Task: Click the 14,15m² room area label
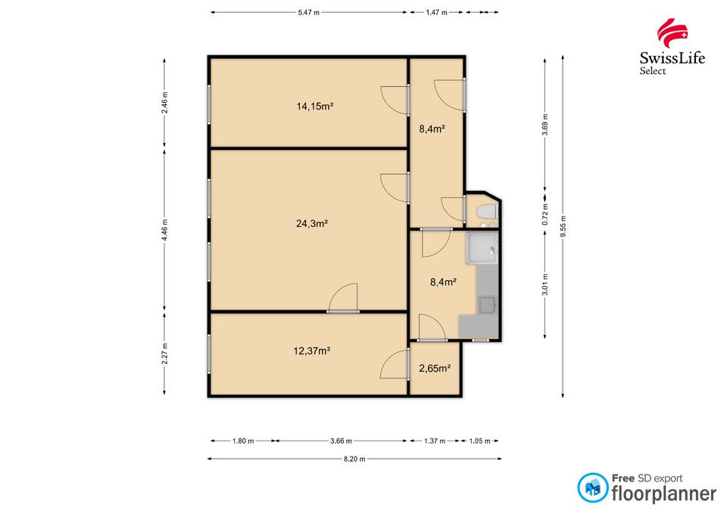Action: (315, 106)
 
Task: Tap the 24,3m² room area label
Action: (312, 223)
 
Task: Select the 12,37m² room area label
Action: (311, 350)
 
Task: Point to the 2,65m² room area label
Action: (435, 369)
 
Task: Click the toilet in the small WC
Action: (487, 212)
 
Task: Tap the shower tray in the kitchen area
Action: (482, 248)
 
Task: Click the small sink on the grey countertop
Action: (488, 305)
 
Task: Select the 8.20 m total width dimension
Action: (354, 459)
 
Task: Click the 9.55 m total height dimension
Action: (563, 226)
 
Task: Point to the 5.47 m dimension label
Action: (309, 13)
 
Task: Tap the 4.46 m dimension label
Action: (164, 230)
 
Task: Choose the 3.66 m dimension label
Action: (341, 441)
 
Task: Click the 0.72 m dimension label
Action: (545, 214)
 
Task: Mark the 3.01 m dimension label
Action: (545, 284)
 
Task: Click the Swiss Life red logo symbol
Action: (672, 33)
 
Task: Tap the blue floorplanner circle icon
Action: (592, 488)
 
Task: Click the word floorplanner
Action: (664, 494)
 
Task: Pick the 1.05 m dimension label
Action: (480, 441)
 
